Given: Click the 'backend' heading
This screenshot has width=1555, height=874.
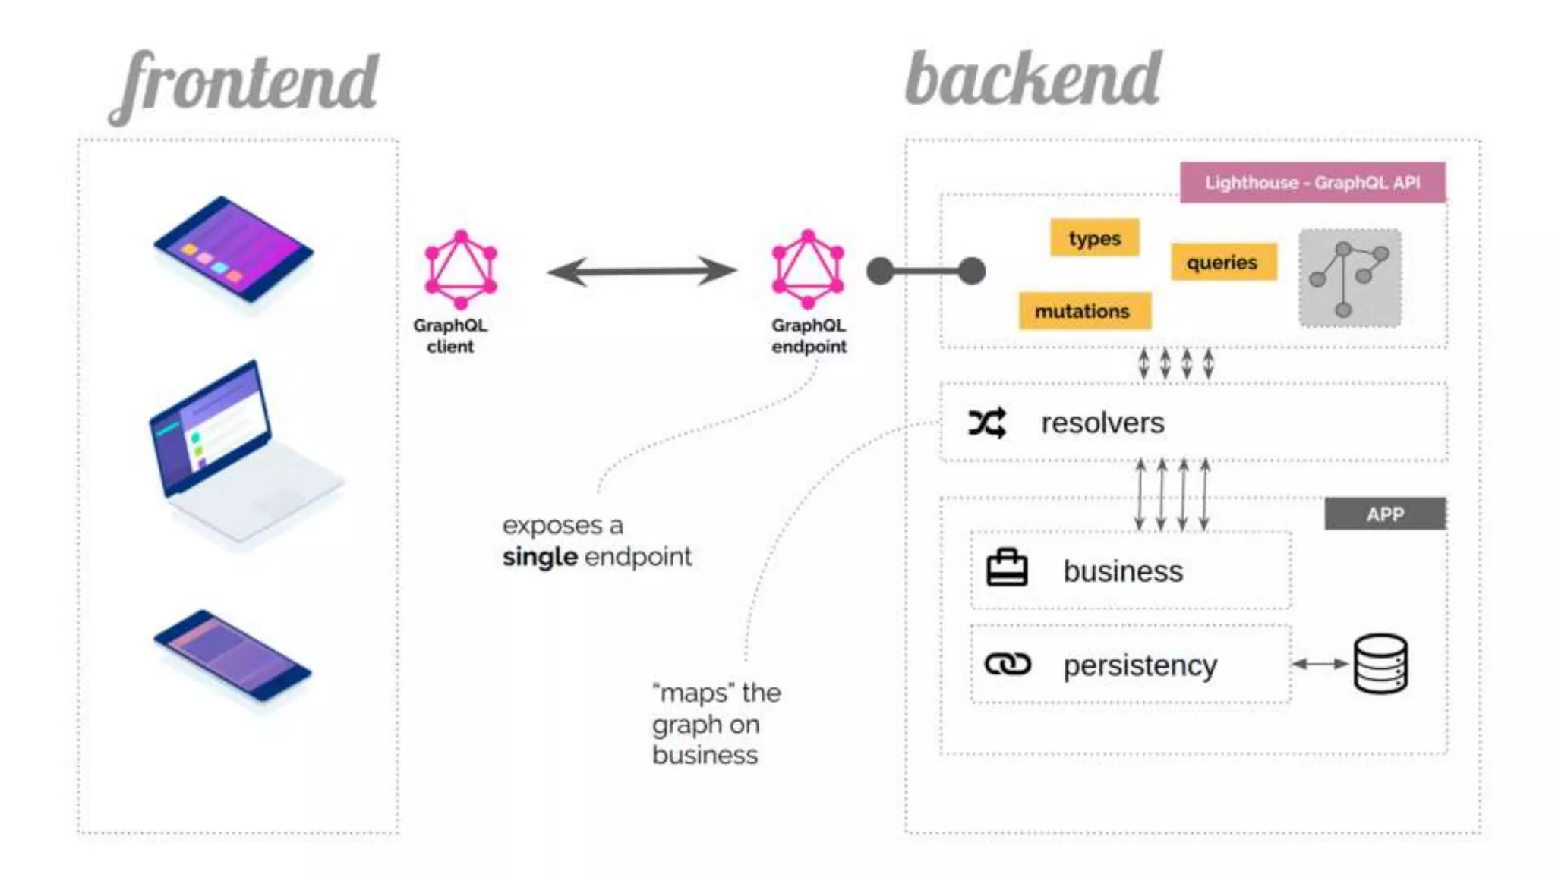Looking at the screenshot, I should pos(1033,80).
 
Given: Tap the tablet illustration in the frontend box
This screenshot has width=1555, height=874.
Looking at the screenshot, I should pos(233,249).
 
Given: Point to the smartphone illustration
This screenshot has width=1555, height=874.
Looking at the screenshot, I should pos(232,655).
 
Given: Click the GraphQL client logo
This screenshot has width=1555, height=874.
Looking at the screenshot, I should pos(461,269).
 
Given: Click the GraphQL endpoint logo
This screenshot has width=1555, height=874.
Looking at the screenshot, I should pos(808,269).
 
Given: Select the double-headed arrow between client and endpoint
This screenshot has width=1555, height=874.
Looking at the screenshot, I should pos(642,271).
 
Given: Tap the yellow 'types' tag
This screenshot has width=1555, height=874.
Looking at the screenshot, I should pos(1094,238).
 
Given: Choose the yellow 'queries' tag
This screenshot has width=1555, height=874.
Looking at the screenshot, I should pos(1222,263).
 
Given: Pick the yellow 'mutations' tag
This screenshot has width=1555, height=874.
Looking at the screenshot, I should pos(1083,311).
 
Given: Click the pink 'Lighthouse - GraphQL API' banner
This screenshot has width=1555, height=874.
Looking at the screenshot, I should pos(1312,183).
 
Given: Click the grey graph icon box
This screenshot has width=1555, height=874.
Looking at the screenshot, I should pos(1349,278).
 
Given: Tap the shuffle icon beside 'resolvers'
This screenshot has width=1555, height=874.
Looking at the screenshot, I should pos(987,423).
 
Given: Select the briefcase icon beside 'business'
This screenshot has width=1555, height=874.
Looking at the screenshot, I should pos(1007,569).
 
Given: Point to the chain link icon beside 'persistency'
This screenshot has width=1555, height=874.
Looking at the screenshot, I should pos(1008,665).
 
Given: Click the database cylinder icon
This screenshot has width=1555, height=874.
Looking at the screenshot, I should pos(1380,665).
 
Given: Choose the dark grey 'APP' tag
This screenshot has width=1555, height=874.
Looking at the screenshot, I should pos(1385,514).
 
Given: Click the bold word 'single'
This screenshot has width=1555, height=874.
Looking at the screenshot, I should pos(540,557).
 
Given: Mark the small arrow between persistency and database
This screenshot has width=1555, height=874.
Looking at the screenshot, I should pos(1320,664).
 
